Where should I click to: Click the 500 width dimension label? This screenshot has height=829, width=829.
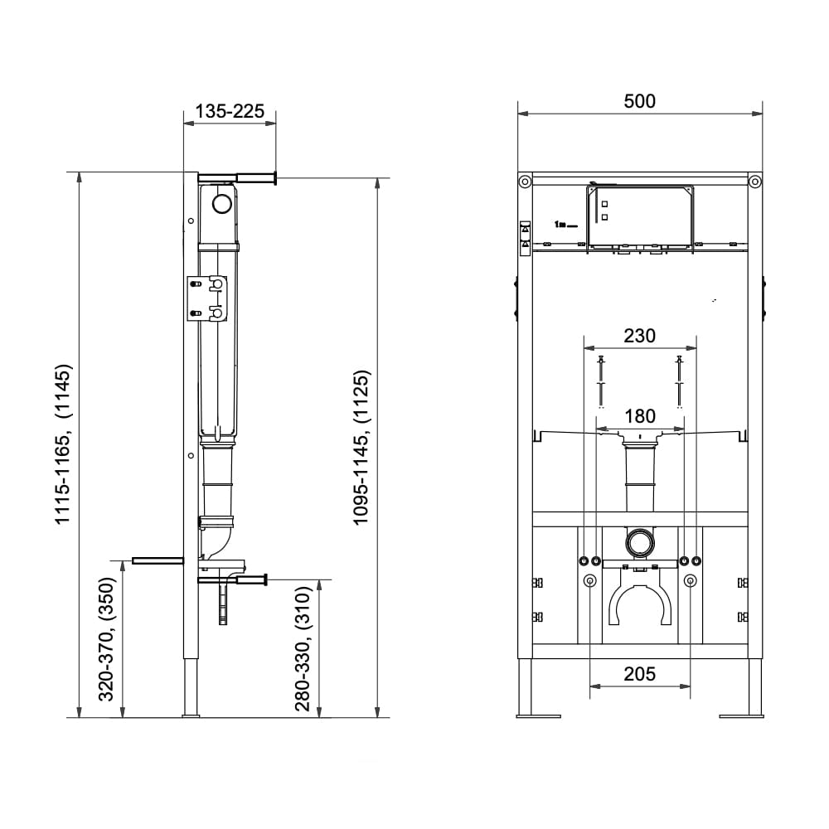[639, 101]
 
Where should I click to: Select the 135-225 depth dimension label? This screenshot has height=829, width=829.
[230, 111]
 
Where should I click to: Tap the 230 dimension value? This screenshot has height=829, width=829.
[639, 336]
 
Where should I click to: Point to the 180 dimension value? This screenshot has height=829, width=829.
[640, 417]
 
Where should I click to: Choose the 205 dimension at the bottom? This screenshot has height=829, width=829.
[639, 674]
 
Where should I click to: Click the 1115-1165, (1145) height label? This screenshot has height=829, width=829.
[63, 444]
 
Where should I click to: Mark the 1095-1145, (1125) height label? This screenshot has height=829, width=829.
[361, 448]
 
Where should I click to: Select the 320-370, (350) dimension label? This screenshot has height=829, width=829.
[106, 639]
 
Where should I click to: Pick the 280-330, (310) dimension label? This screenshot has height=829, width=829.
[303, 649]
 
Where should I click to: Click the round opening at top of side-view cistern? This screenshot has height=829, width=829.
[222, 204]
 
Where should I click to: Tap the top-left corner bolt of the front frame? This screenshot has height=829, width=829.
[525, 182]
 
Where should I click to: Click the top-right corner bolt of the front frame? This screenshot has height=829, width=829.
[755, 182]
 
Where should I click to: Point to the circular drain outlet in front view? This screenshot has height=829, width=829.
[640, 542]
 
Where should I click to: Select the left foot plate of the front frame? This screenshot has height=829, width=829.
[539, 716]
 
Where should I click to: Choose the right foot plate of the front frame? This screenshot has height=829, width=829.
[741, 716]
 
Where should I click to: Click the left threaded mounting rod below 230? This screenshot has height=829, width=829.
[600, 382]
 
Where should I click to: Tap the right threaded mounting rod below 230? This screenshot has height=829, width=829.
[680, 382]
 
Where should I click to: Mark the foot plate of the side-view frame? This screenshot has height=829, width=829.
[191, 716]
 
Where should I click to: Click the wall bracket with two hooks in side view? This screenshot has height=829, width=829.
[206, 298]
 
